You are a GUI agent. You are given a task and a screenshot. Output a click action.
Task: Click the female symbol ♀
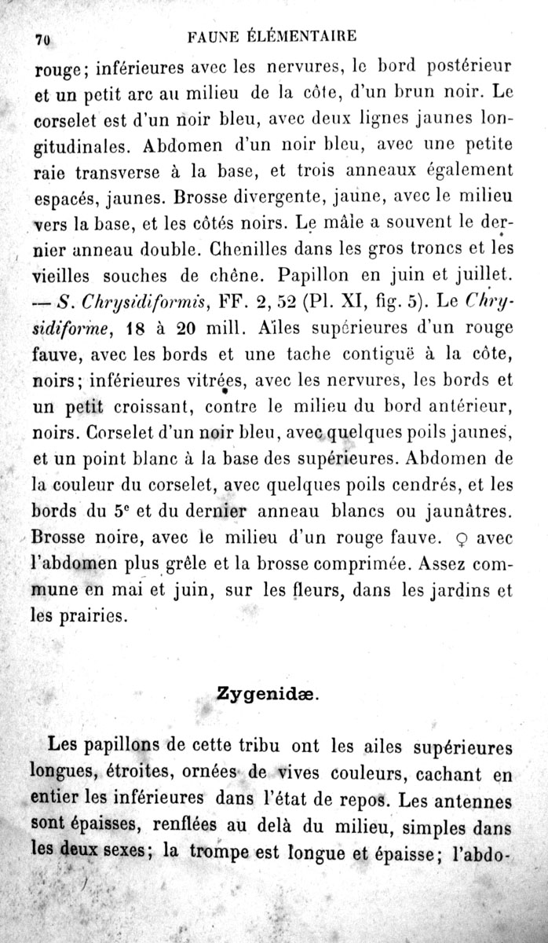click(x=461, y=538)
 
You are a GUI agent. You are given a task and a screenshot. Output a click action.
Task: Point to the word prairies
click(x=78, y=617)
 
